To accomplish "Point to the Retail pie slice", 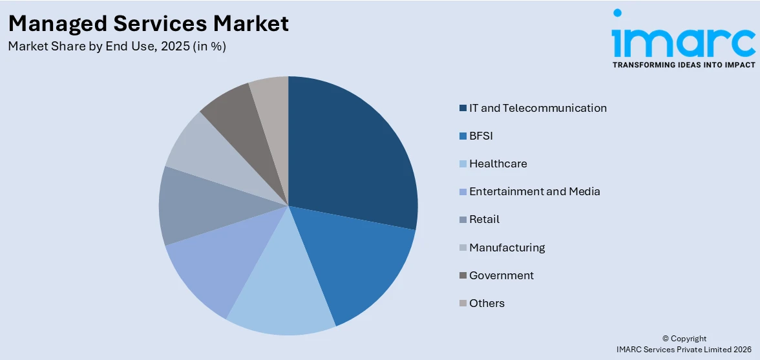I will pyautogui.click(x=194, y=207).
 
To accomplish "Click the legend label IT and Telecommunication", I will pyautogui.click(x=538, y=108).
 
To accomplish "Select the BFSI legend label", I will pyautogui.click(x=481, y=136).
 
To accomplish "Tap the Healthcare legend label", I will pyautogui.click(x=498, y=164).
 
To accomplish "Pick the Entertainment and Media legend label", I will pyautogui.click(x=534, y=191).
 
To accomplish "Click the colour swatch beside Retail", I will pyautogui.click(x=463, y=220).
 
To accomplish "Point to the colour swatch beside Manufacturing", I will pyautogui.click(x=463, y=248).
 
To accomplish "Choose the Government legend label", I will pyautogui.click(x=501, y=275).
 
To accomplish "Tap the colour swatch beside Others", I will pyautogui.click(x=463, y=304).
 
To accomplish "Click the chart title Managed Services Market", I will pyautogui.click(x=149, y=24).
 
